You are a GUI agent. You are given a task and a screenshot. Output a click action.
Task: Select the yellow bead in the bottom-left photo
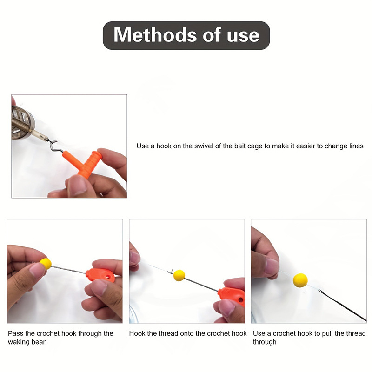click(46, 264)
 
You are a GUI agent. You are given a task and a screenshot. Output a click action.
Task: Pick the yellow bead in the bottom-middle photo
click(179, 275)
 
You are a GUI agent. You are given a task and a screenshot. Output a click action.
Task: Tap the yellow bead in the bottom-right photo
click(300, 279)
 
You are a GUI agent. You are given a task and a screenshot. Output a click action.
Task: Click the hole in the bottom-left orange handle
click(110, 278)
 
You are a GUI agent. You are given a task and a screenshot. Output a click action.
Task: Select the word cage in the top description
click(251, 146)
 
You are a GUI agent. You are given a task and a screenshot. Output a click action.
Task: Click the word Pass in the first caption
click(15, 333)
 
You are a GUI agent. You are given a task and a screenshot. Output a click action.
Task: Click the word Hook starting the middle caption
click(137, 333)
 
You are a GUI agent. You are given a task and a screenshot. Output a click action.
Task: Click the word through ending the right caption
click(265, 342)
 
